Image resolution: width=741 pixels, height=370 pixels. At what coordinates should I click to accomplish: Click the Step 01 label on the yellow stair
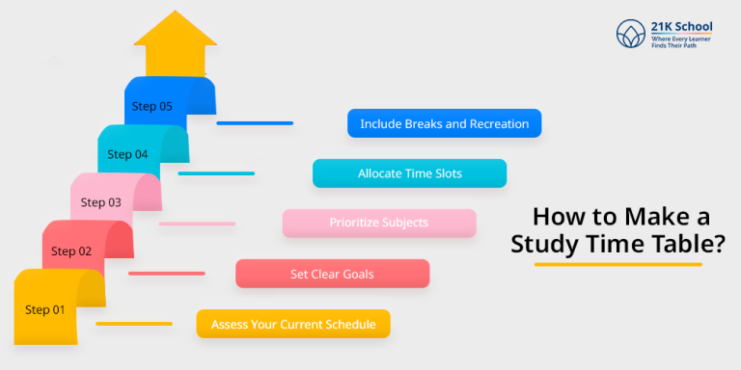44,309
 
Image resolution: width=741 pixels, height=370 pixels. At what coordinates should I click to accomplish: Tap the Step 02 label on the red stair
71,251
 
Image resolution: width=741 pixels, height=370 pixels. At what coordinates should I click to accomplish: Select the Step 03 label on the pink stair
100,202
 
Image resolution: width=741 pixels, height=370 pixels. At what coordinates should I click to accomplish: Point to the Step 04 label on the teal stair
127,154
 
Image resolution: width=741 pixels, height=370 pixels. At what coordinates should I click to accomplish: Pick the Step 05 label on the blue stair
152,106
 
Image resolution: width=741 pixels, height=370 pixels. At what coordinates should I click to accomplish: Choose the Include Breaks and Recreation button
444,124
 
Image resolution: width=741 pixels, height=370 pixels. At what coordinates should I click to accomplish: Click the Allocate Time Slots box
409,173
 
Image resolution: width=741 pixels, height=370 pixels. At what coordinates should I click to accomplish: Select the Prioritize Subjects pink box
378,223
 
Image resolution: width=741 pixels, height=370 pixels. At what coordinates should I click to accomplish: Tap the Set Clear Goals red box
332,274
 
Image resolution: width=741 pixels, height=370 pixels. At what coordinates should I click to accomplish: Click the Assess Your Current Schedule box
293,324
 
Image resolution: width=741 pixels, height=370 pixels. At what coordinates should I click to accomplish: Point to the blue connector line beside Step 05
255,123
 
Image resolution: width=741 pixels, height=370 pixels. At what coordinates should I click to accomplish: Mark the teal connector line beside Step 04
216,173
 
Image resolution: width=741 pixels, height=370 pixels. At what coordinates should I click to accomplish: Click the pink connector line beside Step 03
197,224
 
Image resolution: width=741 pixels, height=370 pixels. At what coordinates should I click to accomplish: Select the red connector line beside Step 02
166,274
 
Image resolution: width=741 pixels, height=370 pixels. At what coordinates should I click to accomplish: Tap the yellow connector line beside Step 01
134,324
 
